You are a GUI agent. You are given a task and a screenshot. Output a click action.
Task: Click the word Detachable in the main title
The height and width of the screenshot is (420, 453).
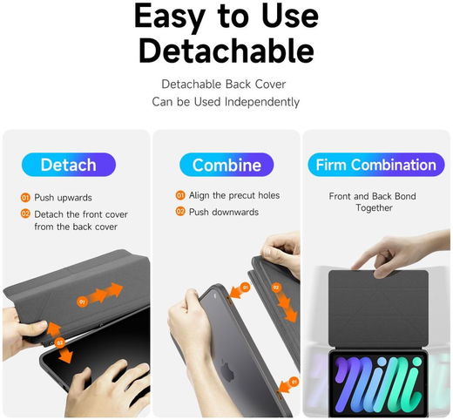pos(226,50)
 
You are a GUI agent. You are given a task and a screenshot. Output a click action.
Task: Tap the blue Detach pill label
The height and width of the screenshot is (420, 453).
pos(69,165)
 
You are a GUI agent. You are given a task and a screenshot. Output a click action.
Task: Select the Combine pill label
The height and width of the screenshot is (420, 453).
pos(226,165)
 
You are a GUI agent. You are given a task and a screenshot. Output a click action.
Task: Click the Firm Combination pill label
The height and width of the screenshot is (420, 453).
pos(376,165)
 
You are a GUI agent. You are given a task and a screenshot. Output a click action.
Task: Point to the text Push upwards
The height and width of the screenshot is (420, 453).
pos(63,198)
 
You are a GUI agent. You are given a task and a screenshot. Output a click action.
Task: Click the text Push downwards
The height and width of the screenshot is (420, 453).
pos(224,212)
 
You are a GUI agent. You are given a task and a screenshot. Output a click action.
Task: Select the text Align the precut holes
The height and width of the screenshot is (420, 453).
pos(234,195)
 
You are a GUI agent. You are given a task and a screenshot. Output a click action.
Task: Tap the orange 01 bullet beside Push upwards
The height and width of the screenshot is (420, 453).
pos(25,198)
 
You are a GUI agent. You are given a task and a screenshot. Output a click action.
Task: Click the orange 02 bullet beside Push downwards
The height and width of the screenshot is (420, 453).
pos(180,212)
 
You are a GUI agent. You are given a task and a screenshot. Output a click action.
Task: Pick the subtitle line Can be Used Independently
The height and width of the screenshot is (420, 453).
pos(226,102)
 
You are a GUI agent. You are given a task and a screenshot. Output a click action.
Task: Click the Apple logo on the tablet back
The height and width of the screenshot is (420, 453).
pos(227,369)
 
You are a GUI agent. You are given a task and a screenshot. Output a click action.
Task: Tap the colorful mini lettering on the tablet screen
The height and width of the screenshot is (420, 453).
pos(378,383)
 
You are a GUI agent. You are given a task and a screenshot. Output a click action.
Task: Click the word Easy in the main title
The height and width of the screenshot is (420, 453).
pos(170,17)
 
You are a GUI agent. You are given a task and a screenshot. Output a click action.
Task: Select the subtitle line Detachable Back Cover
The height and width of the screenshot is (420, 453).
pos(224,85)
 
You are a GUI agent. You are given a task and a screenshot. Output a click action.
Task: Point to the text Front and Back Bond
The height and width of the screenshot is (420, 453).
pos(372,196)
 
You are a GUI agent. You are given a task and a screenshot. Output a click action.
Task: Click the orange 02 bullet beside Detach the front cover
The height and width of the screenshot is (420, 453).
pos(25,213)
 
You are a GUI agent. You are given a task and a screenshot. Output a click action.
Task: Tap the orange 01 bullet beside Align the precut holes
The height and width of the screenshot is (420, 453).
pos(180,195)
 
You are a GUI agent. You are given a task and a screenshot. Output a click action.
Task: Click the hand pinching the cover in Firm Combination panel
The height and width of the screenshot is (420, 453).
pos(401,254)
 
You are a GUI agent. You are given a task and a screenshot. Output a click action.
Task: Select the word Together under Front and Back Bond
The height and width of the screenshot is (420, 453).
pos(374,208)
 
